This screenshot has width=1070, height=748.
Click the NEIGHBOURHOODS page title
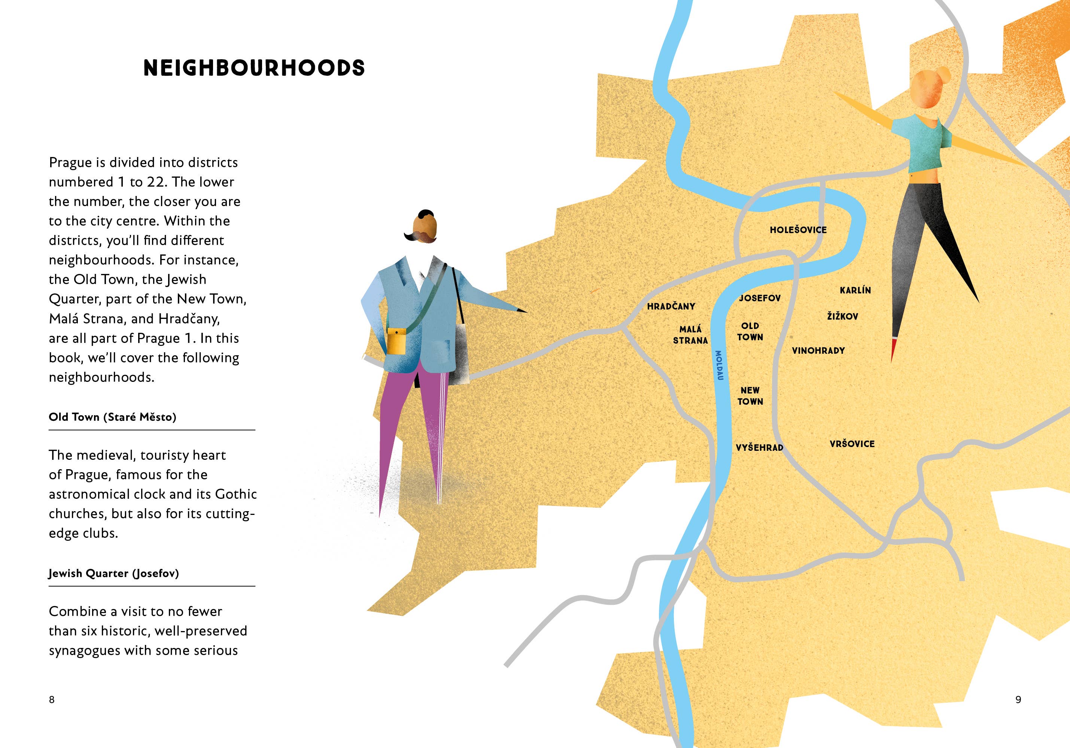coord(254,68)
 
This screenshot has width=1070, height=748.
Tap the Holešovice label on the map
coord(798,230)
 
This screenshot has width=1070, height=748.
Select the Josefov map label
coord(760,298)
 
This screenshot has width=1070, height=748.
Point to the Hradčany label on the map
coord(671,307)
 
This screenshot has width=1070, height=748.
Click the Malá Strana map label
coord(690,335)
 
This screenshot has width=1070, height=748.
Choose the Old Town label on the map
coord(750,332)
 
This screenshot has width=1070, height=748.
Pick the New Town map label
coord(750,396)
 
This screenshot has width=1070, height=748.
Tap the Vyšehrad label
coord(759,448)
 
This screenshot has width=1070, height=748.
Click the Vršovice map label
coord(852,444)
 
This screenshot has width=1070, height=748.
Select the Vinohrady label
coord(818,351)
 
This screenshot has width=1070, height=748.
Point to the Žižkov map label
coord(843,316)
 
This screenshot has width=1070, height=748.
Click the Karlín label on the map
coord(855,290)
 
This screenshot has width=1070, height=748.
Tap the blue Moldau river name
coord(719,365)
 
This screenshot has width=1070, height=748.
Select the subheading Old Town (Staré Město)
coord(112,417)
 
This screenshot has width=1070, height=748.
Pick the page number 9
coord(1018,700)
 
